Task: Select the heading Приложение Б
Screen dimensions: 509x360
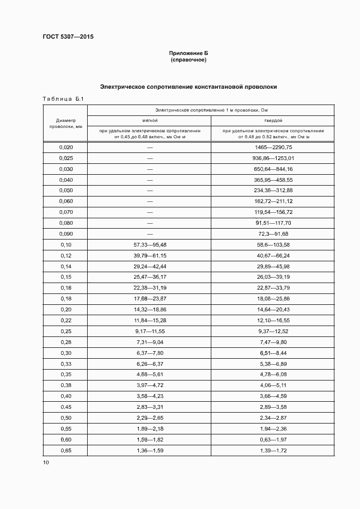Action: coord(188,53)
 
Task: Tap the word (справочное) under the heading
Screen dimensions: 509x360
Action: coord(188,60)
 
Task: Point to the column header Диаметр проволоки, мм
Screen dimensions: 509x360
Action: coord(65,123)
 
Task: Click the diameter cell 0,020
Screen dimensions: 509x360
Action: coord(65,148)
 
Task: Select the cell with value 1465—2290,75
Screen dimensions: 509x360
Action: coord(273,148)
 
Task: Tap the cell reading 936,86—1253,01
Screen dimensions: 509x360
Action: coord(273,158)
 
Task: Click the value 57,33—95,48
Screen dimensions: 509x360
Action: coord(150,245)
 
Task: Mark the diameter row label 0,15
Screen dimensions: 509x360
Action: coord(65,277)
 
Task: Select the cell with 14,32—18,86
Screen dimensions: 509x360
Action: coord(150,310)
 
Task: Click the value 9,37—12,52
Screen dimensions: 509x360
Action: coord(273,332)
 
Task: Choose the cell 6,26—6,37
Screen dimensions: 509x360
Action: coord(150,364)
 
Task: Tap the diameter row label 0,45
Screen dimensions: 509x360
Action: coord(65,407)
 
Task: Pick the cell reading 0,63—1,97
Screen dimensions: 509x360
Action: coord(273,439)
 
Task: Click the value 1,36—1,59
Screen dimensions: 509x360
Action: coord(150,450)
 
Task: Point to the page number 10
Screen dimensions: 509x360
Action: coord(46,463)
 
